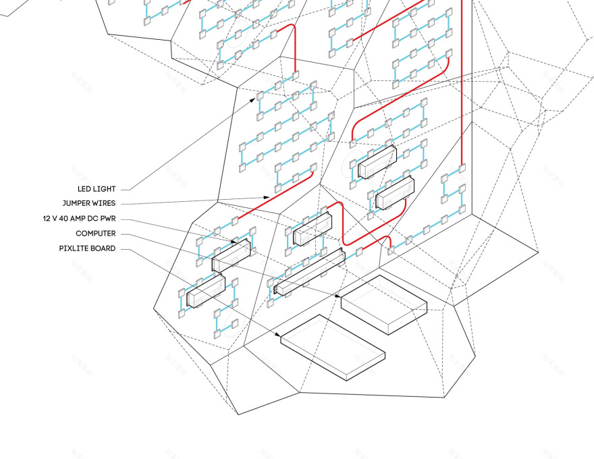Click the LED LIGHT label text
[96, 189]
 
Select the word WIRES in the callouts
[106, 203]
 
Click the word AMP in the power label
[82, 219]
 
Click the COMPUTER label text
[95, 234]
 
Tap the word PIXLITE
[74, 248]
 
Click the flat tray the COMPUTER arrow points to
[383, 303]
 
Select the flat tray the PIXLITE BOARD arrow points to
[332, 347]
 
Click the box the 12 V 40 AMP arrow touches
[232, 253]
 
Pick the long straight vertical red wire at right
[462, 81]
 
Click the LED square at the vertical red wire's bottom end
[462, 167]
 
